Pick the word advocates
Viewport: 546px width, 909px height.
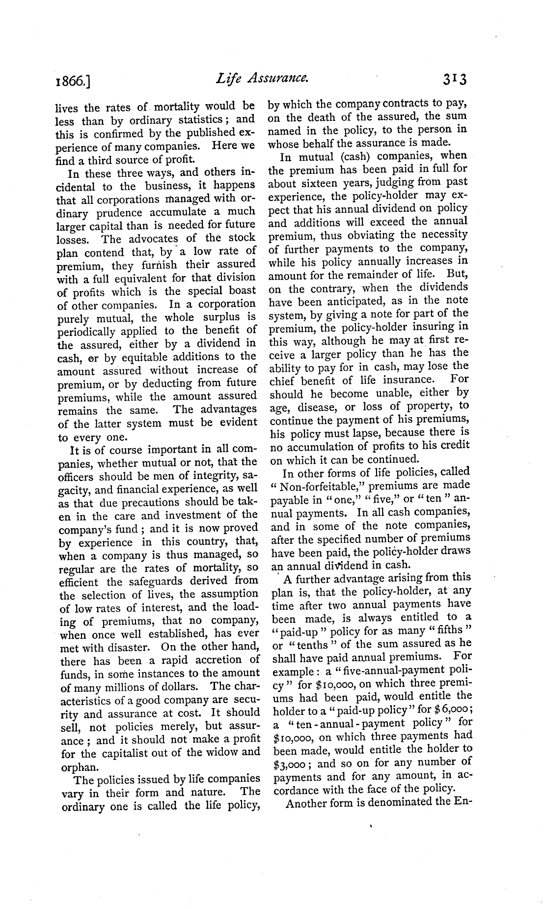tap(153, 239)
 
